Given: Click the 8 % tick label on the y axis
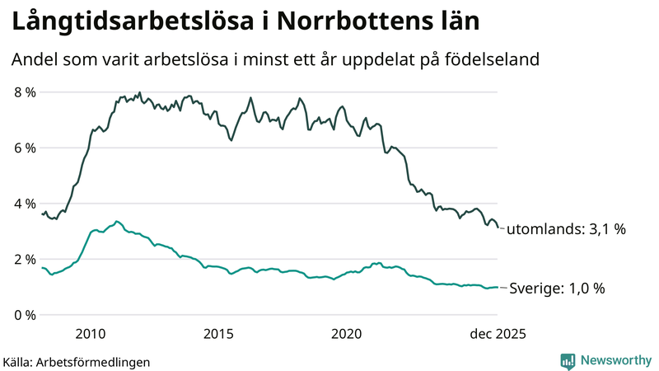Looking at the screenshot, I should click(24, 92).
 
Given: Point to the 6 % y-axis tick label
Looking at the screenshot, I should click(24, 148).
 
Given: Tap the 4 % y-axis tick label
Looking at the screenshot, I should click(24, 204).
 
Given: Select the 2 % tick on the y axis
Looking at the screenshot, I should click(24, 260).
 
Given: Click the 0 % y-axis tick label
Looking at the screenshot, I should click(24, 315).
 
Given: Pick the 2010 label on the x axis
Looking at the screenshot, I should click(90, 334).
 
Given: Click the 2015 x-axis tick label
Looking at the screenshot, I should click(218, 334).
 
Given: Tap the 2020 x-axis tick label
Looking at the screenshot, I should click(347, 334).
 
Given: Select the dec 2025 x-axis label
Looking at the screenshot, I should click(498, 334).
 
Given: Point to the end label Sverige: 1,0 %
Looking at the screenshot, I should click(557, 289).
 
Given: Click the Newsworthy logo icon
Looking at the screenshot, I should click(568, 360).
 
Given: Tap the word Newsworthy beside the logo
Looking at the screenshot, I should click(615, 360).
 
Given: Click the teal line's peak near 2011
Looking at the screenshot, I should click(117, 221).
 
